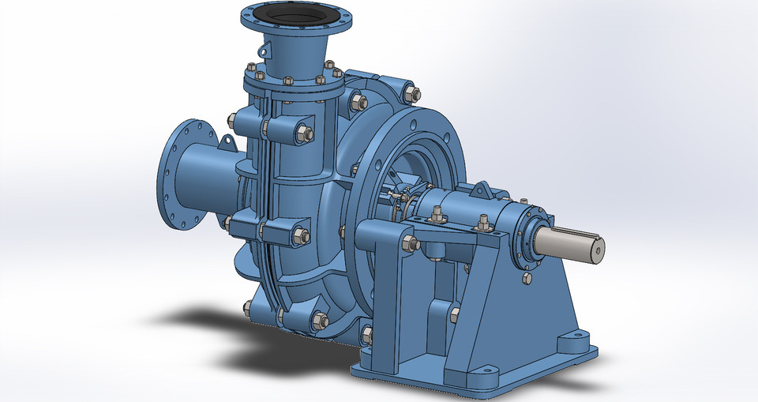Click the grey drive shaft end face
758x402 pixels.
click(597, 247)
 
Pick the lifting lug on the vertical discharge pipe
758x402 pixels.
click(264, 49)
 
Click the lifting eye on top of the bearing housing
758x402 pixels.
click(480, 190)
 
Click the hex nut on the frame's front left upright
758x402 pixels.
click(408, 243)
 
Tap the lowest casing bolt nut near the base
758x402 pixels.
click(319, 321)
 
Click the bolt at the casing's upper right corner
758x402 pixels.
click(410, 94)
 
